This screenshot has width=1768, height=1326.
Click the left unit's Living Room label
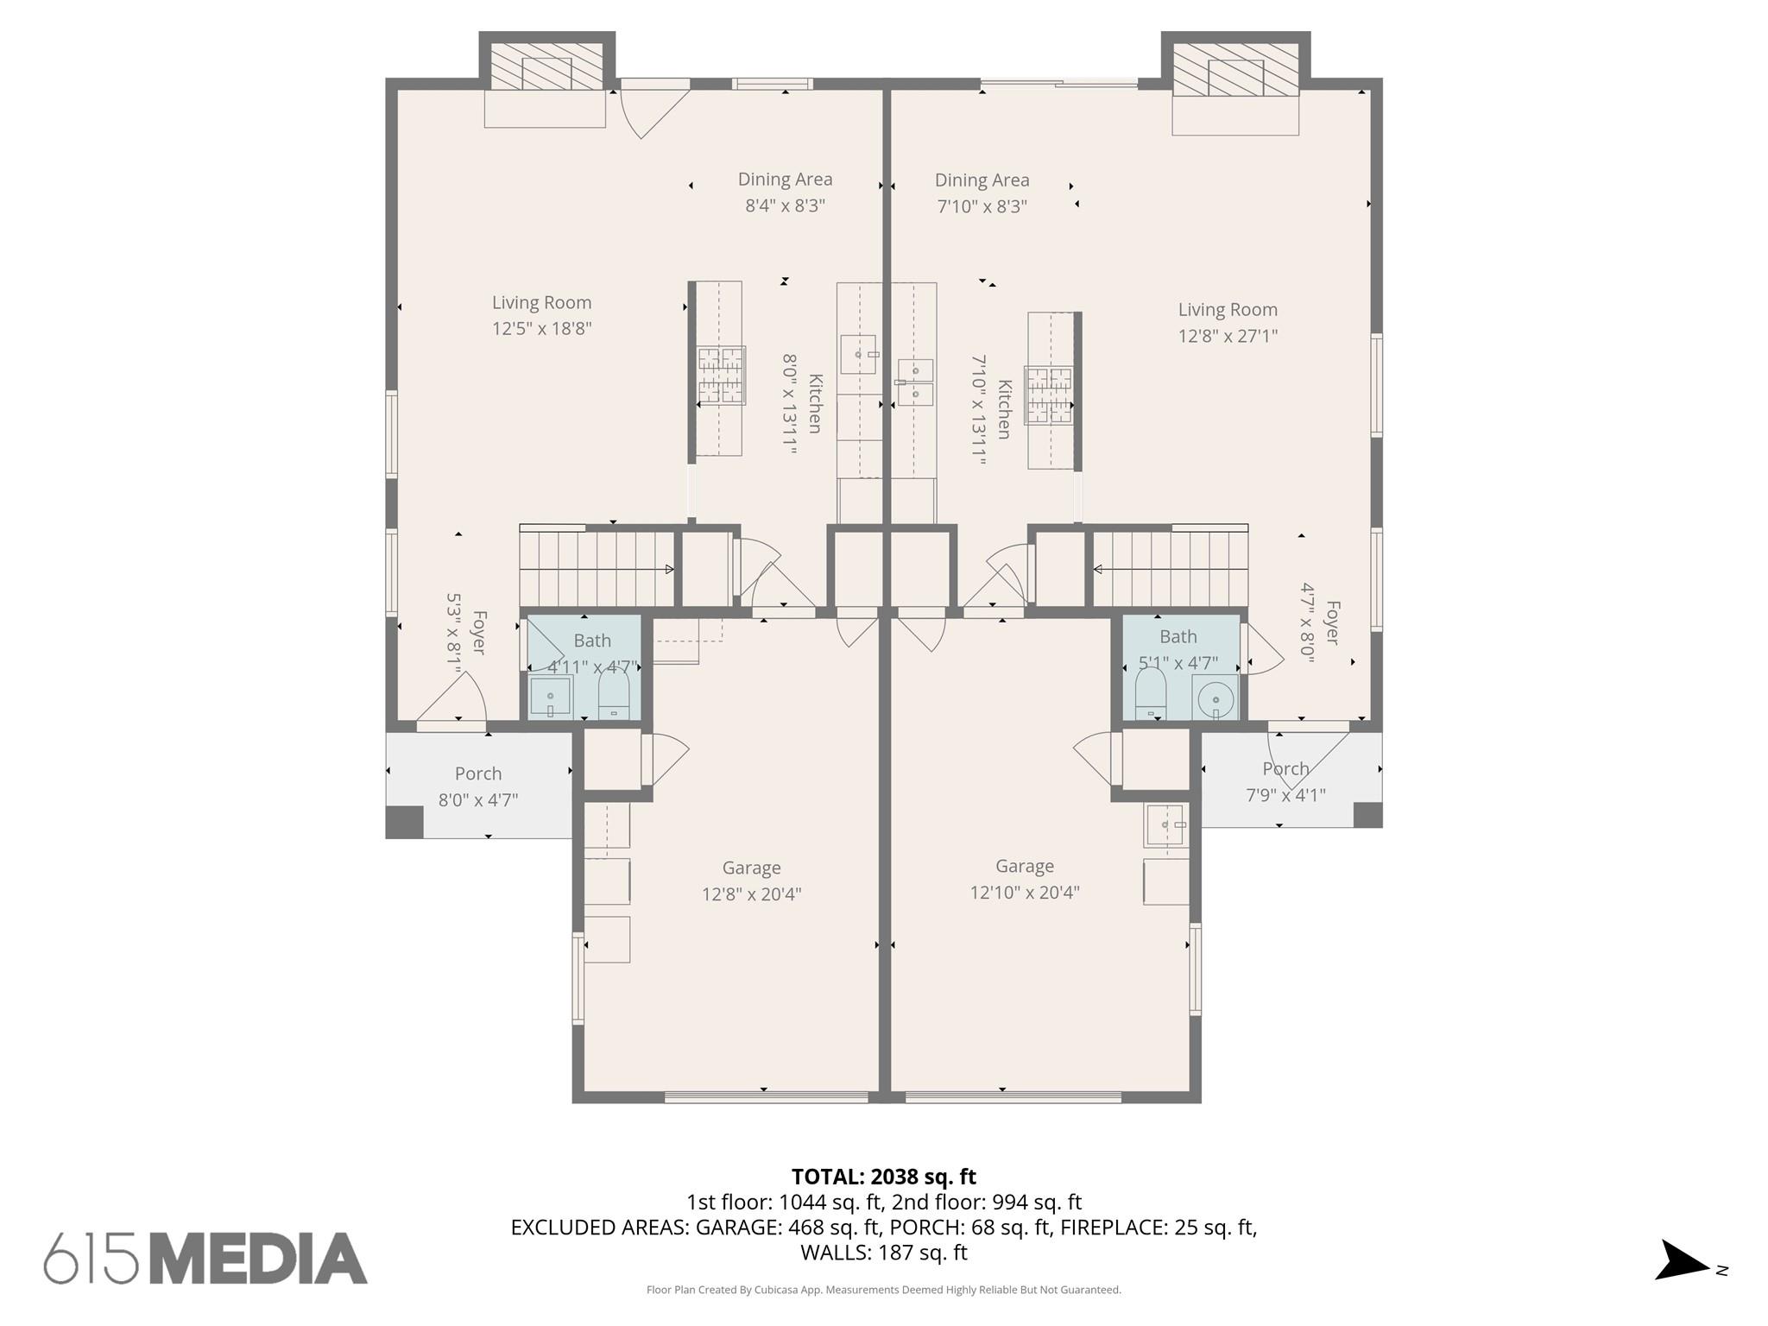click(x=542, y=315)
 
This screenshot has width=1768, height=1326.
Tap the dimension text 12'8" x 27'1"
click(x=1228, y=336)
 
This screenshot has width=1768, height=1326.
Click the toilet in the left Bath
click(x=614, y=695)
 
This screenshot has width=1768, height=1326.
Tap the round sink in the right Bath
click(x=1215, y=696)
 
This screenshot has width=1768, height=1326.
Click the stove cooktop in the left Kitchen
click(x=722, y=376)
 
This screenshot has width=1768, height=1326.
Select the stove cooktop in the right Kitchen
click(x=1049, y=395)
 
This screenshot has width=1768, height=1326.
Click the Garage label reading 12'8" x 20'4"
click(x=751, y=881)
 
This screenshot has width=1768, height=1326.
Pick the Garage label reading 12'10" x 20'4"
click(x=1025, y=879)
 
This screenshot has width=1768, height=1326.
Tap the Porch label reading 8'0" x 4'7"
click(x=478, y=786)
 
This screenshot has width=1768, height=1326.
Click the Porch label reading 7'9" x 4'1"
click(x=1285, y=781)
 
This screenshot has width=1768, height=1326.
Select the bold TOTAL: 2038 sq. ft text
click(x=884, y=1177)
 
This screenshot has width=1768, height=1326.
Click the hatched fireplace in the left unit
click(x=546, y=66)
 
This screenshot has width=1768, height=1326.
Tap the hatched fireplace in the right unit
click(x=1235, y=70)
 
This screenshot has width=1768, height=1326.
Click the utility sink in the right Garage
click(x=1165, y=825)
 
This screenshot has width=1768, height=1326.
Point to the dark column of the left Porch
click(x=404, y=822)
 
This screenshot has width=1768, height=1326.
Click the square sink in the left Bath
click(x=550, y=698)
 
